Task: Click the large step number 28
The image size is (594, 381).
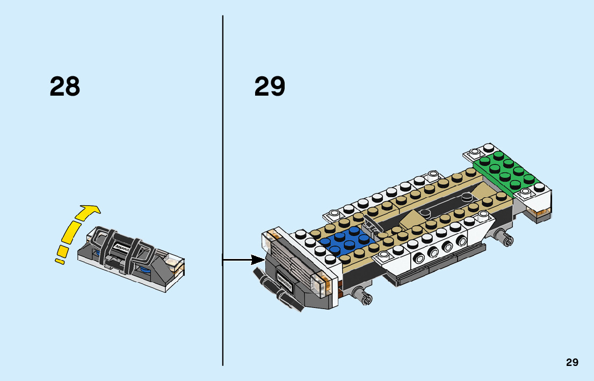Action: [x=65, y=87]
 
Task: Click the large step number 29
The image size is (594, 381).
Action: [x=270, y=87]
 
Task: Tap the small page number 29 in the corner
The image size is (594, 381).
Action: [x=572, y=362]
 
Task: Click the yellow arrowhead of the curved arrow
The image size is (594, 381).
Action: [x=89, y=211]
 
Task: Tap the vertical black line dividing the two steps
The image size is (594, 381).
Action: [x=223, y=161]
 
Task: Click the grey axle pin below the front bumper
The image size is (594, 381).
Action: [x=361, y=293]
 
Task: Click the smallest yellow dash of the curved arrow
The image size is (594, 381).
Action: [x=59, y=261]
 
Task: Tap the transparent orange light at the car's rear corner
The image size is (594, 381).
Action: [x=539, y=214]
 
